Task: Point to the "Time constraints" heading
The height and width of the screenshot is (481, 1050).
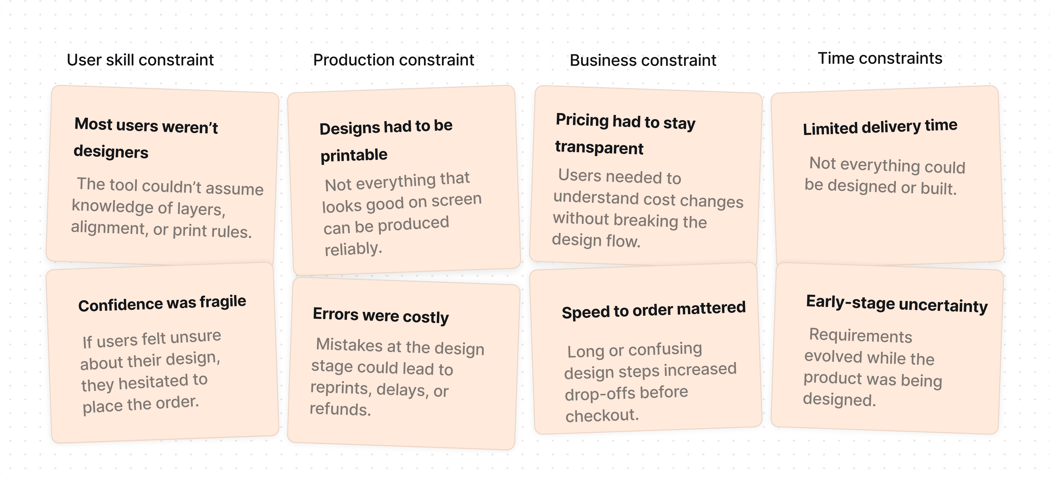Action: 880,58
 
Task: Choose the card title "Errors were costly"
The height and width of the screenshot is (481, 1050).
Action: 381,315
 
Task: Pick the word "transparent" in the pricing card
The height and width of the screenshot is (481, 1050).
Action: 599,147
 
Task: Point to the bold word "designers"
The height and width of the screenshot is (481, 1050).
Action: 111,152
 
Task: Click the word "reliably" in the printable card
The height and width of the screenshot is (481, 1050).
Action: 353,248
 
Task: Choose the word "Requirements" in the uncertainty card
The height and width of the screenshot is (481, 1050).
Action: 861,335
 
